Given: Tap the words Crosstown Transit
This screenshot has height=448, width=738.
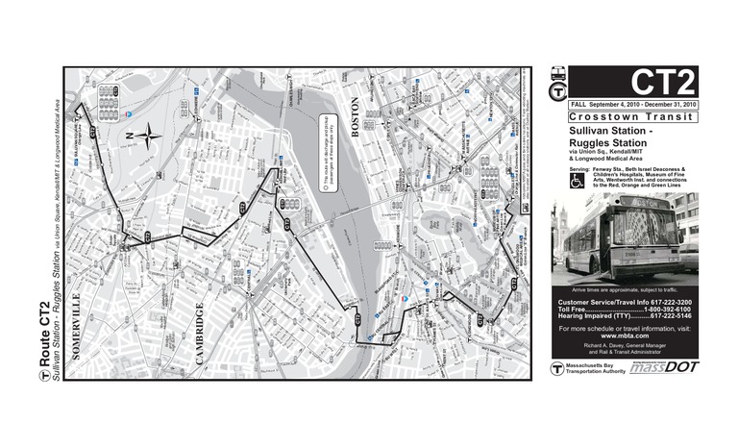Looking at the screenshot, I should (625, 117).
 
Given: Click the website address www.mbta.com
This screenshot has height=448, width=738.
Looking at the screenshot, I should (625, 336).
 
